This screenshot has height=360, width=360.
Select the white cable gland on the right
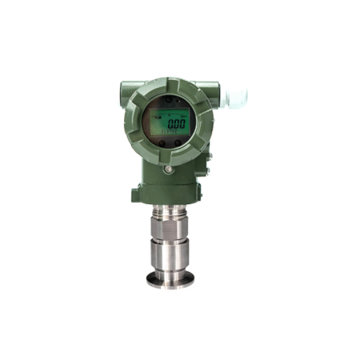[x=235, y=97]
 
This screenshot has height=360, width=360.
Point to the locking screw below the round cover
[x=167, y=170]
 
